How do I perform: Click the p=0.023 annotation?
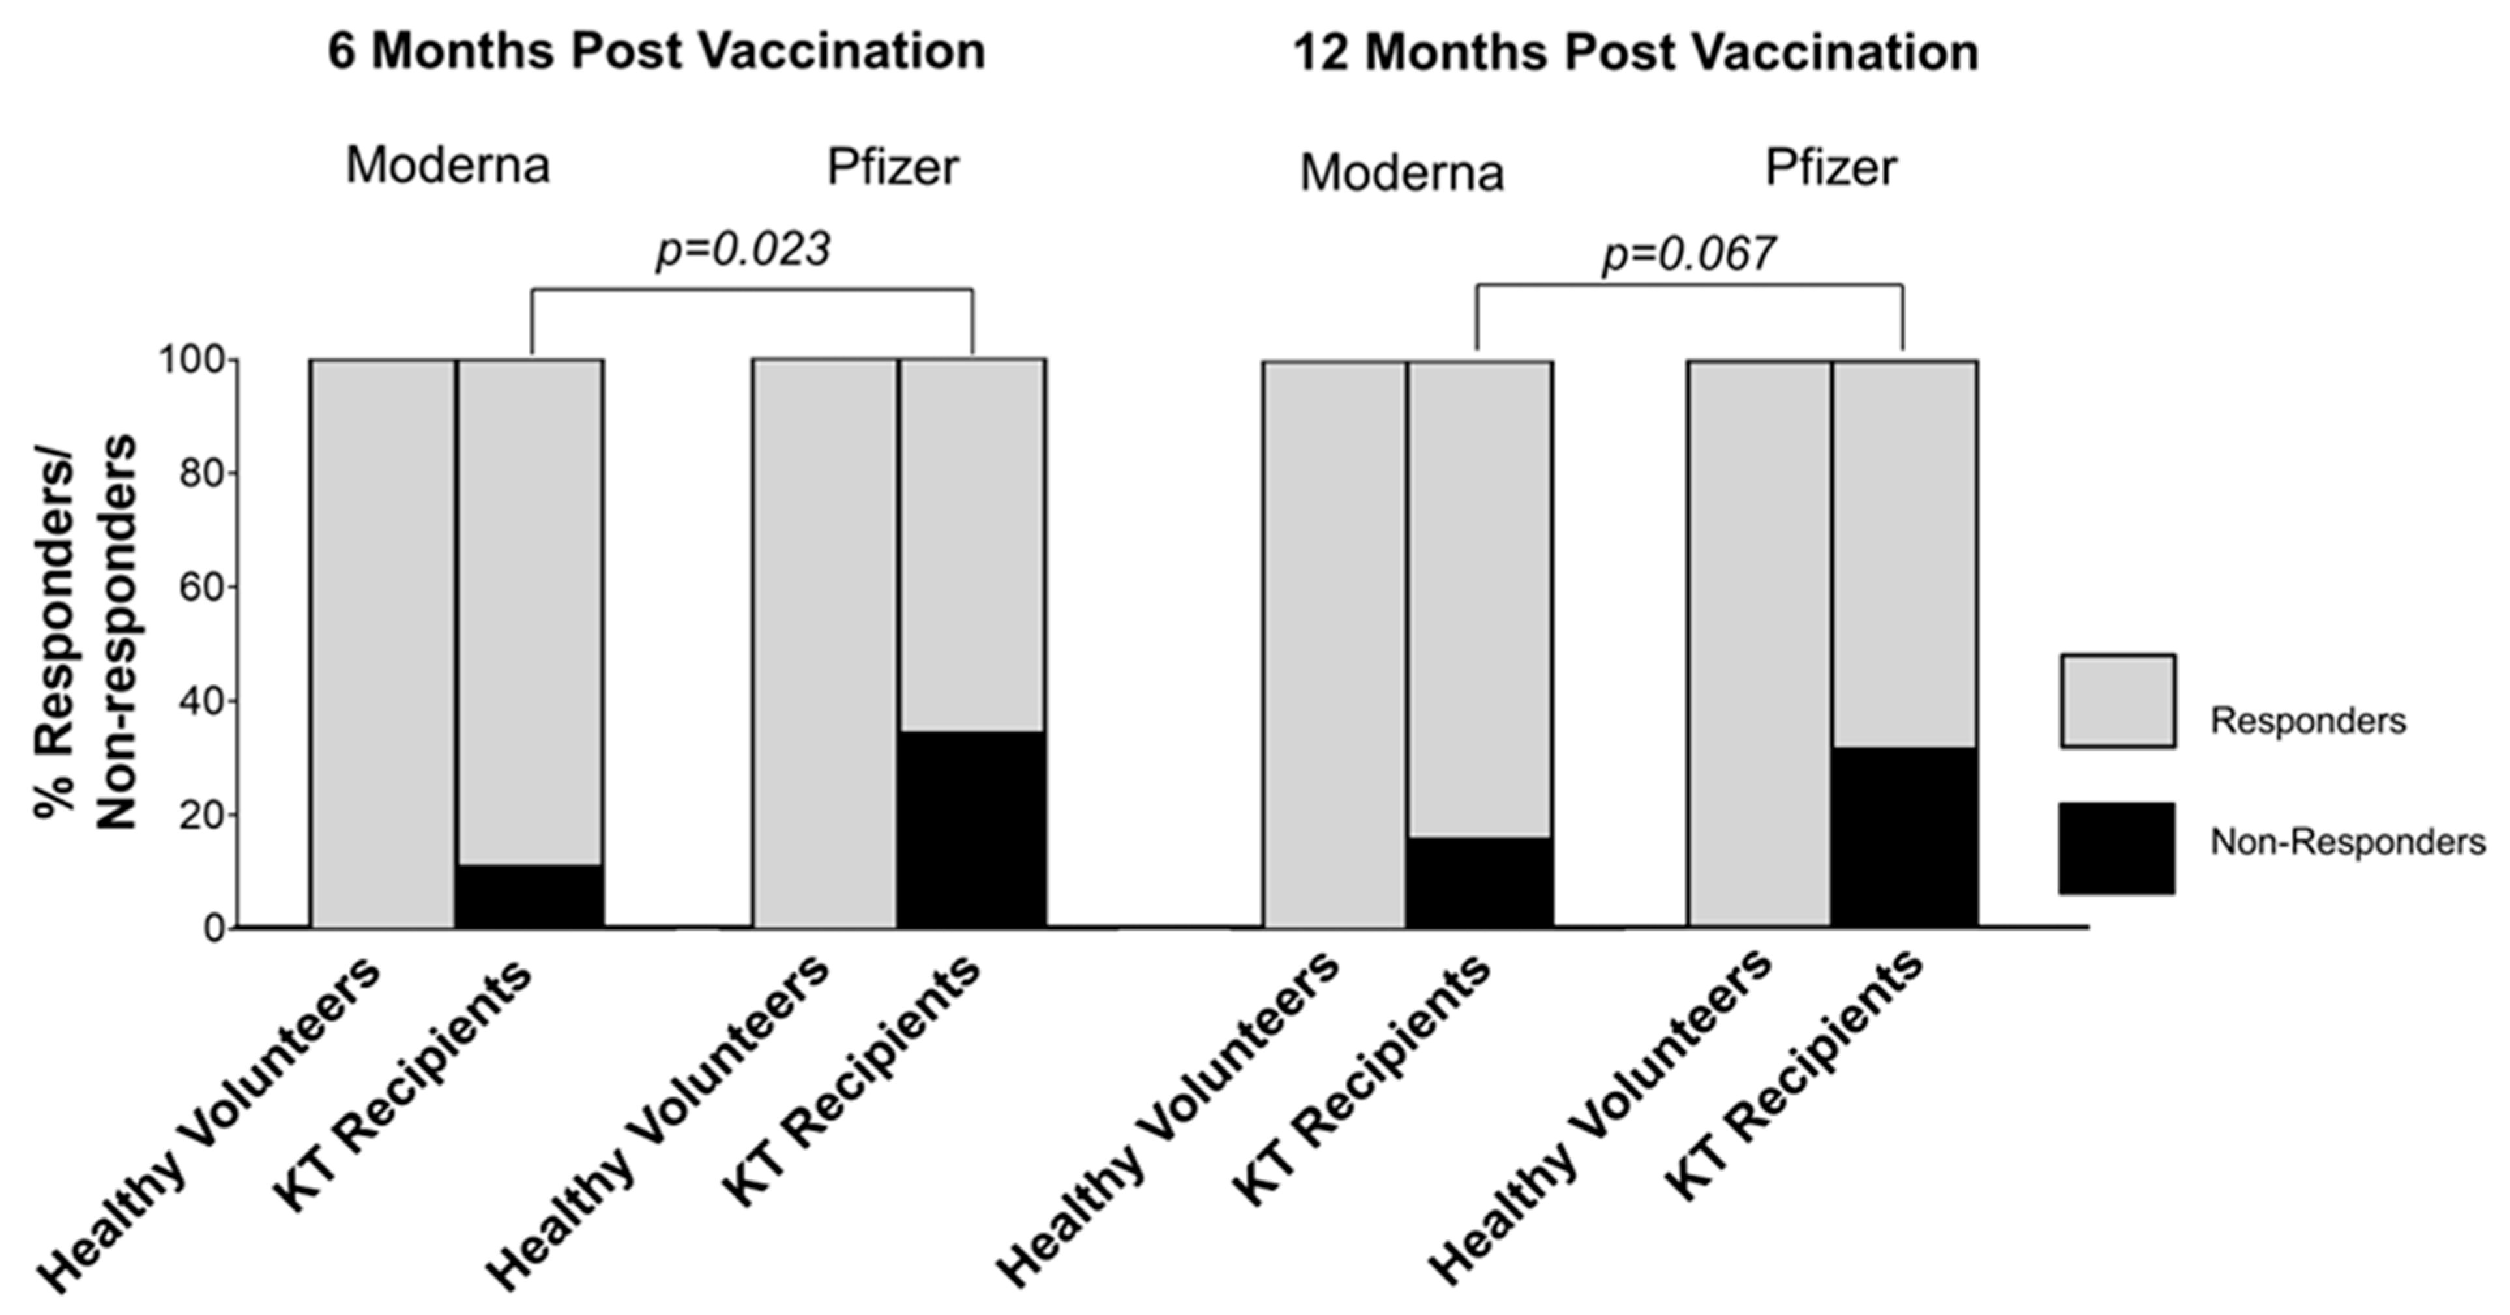pyautogui.click(x=742, y=250)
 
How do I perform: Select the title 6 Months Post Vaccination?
pyautogui.click(x=656, y=51)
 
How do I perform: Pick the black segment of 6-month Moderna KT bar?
pyautogui.click(x=530, y=895)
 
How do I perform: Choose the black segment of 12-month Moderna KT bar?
pyautogui.click(x=1479, y=882)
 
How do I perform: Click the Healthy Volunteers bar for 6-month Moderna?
pyautogui.click(x=382, y=643)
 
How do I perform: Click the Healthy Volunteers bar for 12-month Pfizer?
pyautogui.click(x=1760, y=643)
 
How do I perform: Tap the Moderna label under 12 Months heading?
pyautogui.click(x=1401, y=173)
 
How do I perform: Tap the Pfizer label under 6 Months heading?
pyautogui.click(x=892, y=167)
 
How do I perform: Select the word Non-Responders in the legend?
pyautogui.click(x=2347, y=842)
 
